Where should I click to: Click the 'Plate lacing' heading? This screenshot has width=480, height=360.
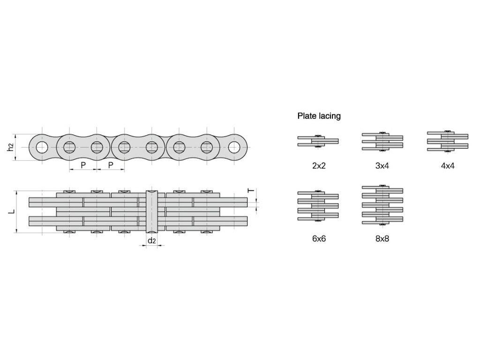(x=319, y=116)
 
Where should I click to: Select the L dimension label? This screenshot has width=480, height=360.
(x=11, y=211)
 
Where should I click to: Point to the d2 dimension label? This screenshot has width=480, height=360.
(x=152, y=241)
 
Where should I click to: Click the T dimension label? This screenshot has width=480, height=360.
(x=251, y=191)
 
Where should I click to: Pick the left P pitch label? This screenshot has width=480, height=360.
(x=83, y=165)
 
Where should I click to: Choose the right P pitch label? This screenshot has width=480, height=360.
(x=111, y=165)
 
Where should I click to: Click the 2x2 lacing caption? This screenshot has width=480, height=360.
(x=319, y=166)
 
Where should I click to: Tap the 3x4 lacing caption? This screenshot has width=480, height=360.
(x=382, y=166)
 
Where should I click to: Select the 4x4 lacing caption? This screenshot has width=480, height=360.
(x=448, y=166)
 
